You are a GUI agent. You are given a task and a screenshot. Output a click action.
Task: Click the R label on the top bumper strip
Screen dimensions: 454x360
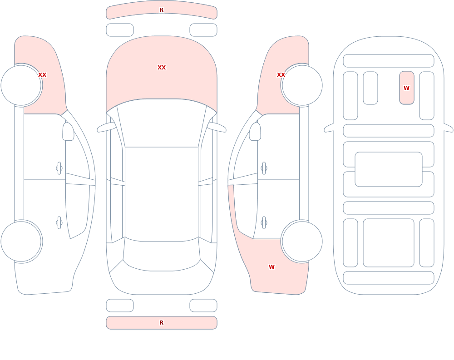162,10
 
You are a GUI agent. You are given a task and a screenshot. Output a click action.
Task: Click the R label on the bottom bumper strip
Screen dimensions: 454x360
162,323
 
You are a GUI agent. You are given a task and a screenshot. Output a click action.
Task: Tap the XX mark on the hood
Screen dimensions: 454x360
162,68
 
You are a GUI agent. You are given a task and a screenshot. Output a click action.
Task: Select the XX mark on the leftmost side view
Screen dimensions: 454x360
42,75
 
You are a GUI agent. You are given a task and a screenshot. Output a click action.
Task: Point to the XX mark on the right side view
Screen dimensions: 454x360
281,75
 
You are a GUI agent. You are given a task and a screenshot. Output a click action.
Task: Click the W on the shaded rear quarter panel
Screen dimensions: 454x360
271,267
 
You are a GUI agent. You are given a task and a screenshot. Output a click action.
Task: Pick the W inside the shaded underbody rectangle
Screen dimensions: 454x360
406,88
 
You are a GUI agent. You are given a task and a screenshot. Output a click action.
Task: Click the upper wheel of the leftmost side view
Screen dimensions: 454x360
21,85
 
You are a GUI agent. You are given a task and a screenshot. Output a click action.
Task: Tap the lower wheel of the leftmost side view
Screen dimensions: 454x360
21,241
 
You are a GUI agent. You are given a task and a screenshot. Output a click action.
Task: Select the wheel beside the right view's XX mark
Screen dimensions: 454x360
302,85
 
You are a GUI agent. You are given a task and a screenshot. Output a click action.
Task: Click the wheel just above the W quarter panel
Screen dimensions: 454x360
302,241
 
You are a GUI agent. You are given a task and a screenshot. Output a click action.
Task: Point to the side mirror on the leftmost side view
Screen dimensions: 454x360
68,132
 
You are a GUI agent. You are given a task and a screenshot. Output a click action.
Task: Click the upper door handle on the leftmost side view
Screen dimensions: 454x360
59,168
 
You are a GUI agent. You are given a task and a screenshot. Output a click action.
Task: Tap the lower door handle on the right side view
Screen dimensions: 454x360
264,223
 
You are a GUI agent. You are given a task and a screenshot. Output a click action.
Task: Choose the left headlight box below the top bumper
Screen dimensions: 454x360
120,30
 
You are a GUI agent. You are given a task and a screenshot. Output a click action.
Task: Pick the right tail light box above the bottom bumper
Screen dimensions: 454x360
203,306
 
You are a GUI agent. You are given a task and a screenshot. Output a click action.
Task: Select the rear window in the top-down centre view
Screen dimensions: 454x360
162,255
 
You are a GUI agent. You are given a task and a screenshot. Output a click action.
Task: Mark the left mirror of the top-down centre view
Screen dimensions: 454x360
106,127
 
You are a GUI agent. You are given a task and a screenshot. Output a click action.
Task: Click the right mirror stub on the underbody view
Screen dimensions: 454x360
448,128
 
